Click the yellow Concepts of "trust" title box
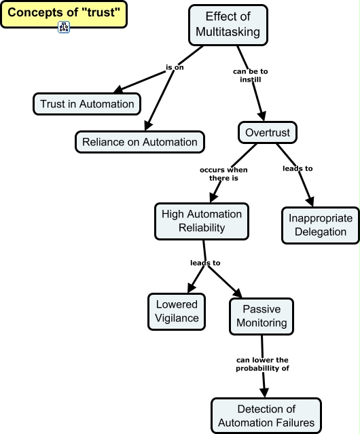click(63, 12)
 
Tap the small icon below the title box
click(64, 27)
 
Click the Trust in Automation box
click(87, 103)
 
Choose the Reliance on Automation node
click(139, 141)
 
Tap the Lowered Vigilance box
click(177, 311)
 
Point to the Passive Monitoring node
click(262, 316)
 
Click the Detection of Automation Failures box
click(266, 415)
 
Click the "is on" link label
click(175, 67)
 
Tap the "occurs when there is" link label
click(223, 173)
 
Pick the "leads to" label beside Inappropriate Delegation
click(297, 168)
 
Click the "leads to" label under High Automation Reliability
click(204, 262)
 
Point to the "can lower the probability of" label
click(263, 363)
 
